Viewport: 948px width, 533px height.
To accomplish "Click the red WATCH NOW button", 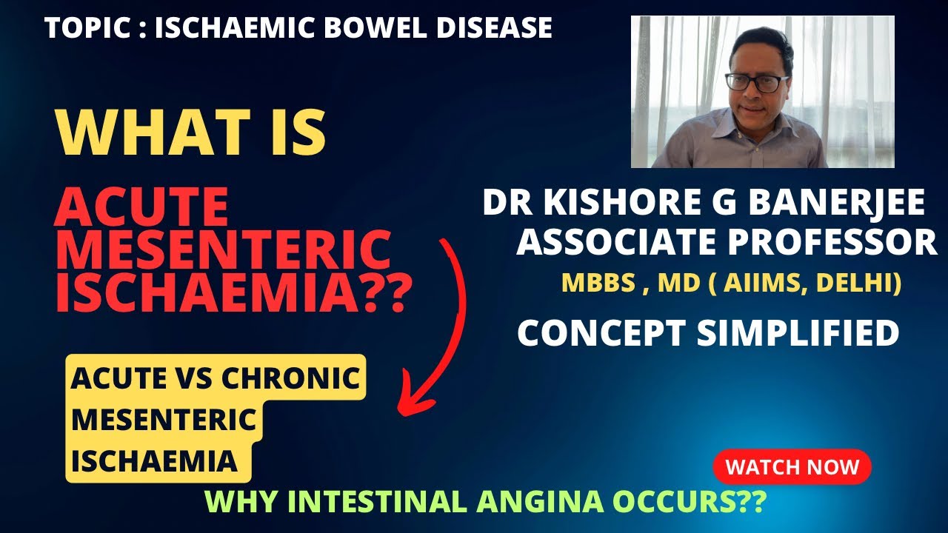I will pyautogui.click(x=792, y=467).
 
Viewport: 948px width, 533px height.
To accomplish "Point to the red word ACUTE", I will pyautogui.click(x=141, y=207).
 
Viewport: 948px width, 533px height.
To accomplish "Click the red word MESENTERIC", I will pyautogui.click(x=223, y=250).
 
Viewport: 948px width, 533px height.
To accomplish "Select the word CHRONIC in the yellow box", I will pyautogui.click(x=292, y=379).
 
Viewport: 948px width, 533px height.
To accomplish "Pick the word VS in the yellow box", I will pyautogui.click(x=195, y=379).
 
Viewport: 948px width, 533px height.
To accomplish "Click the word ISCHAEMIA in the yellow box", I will pyautogui.click(x=154, y=460).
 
